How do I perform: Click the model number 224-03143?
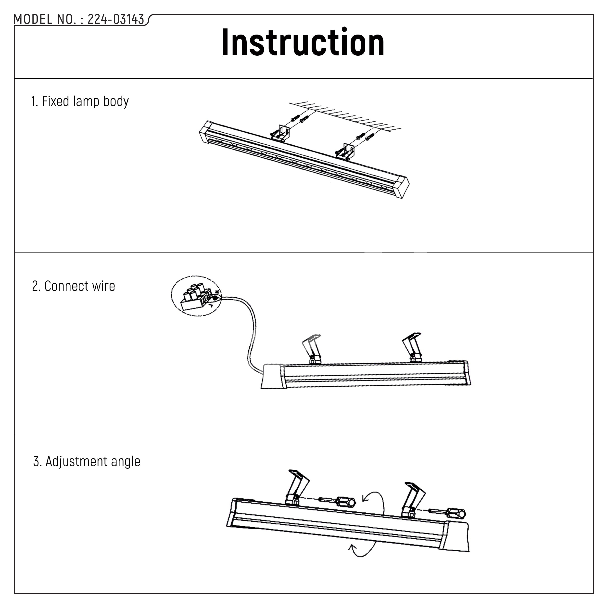(116, 20)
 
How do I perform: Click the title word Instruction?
(303, 42)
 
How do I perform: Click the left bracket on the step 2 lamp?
(312, 349)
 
